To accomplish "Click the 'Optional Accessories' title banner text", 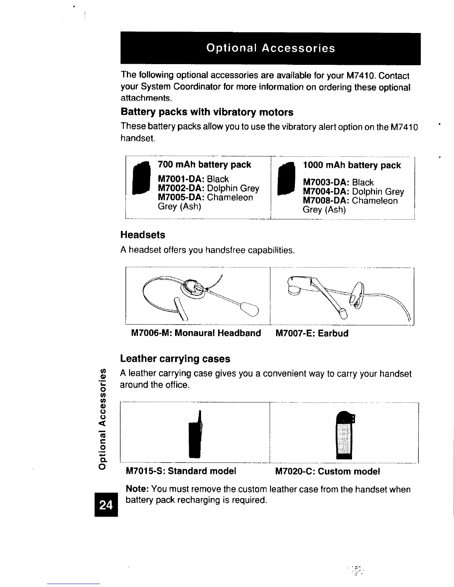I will point(271,48).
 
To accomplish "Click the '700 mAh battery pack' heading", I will point(204,165).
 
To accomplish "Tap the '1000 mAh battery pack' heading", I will point(352,165).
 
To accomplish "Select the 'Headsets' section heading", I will point(143,235).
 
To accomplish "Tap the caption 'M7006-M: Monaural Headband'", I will point(196,333).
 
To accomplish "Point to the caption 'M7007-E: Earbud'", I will point(312,333).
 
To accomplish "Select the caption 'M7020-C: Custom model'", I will point(328,471).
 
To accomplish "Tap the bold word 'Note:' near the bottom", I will point(138,490).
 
